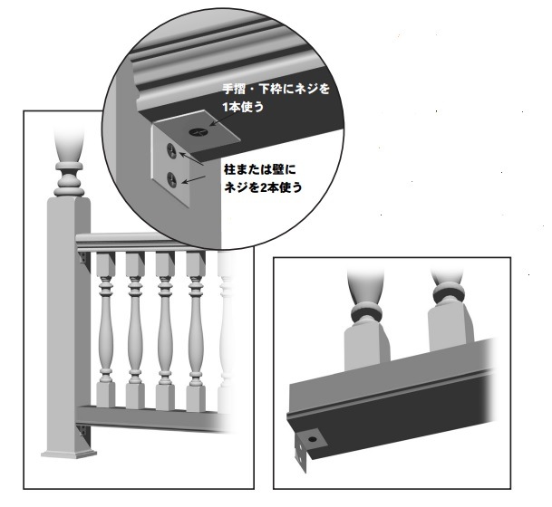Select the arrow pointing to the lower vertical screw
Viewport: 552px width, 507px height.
point(195,179)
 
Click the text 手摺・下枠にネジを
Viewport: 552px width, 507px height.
point(276,89)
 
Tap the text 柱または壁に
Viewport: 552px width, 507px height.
point(260,170)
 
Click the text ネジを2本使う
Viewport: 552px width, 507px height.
point(263,187)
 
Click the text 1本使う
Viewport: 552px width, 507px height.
point(243,107)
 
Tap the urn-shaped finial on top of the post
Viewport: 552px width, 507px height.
point(70,146)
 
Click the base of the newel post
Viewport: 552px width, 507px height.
point(69,454)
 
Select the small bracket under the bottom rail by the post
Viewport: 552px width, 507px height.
point(83,430)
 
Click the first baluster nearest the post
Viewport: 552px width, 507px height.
point(105,330)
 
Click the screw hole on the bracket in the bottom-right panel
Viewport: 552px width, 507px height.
point(313,439)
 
